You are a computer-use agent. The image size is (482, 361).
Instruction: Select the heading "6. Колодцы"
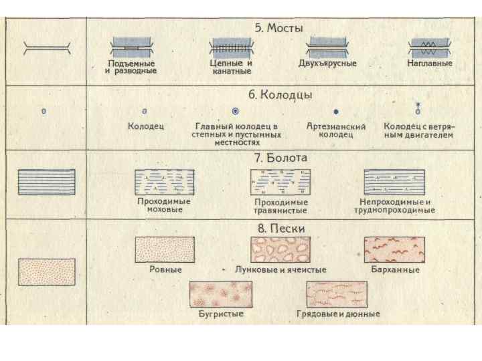[x=280, y=94]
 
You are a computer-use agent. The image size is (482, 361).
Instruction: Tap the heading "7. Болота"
[x=280, y=158]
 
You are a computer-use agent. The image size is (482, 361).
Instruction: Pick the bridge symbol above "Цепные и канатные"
[x=231, y=49]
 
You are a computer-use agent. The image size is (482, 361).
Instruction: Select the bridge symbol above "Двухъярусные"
[x=327, y=49]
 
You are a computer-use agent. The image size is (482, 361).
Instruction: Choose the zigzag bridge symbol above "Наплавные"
[x=428, y=49]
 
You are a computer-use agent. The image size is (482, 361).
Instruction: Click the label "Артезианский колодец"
[x=336, y=130]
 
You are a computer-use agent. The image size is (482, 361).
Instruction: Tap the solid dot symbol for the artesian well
[x=336, y=112]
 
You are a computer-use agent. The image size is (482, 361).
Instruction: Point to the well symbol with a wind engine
[x=418, y=110]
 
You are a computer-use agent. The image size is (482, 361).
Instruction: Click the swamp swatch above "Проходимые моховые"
[x=164, y=182]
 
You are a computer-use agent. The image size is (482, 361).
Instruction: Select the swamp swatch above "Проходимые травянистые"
[x=280, y=182]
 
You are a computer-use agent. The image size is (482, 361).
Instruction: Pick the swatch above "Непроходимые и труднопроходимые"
[x=394, y=182]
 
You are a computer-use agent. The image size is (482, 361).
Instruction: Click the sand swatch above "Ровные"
[x=165, y=249]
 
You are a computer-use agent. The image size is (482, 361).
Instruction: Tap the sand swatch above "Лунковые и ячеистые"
[x=280, y=249]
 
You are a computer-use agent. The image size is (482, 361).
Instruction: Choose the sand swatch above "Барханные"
[x=395, y=249]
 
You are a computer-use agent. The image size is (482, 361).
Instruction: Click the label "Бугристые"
[x=221, y=314]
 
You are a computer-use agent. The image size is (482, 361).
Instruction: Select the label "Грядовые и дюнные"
[x=338, y=314]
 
